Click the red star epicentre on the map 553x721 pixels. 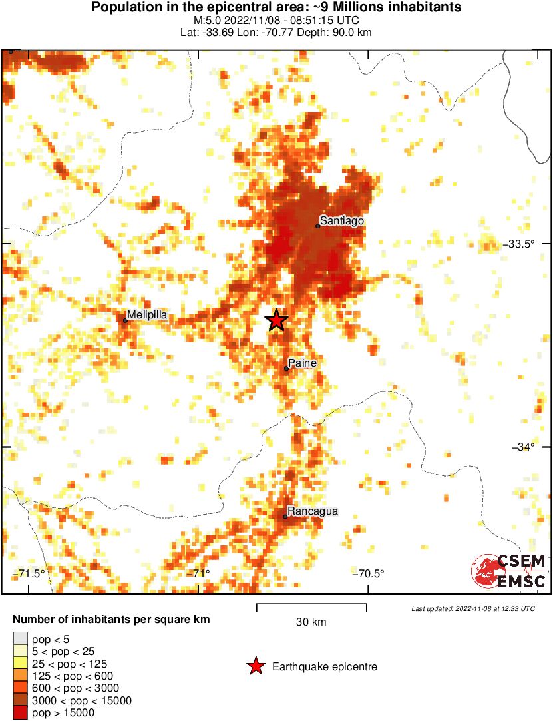[x=277, y=320]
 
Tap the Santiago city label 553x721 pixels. [x=342, y=220]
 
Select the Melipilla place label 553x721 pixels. [x=147, y=315]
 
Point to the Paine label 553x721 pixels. [x=303, y=363]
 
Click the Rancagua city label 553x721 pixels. [x=313, y=511]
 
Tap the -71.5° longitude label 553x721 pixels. [x=31, y=574]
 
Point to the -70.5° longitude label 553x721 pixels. [x=370, y=574]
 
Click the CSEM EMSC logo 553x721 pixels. [x=509, y=571]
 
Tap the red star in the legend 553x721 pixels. [x=255, y=666]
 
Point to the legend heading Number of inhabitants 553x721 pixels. [x=111, y=620]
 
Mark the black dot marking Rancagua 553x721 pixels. [x=285, y=517]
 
